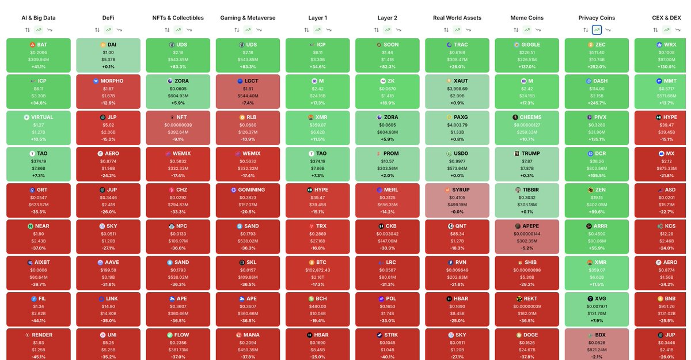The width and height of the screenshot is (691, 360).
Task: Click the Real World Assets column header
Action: pyautogui.click(x=457, y=18)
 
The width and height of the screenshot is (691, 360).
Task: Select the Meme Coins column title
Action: pyautogui.click(x=527, y=18)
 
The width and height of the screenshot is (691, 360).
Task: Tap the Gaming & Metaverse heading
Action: pyautogui.click(x=248, y=18)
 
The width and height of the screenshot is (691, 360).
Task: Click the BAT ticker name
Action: pyautogui.click(x=42, y=44)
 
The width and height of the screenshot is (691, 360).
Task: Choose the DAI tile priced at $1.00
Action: pyautogui.click(x=108, y=55)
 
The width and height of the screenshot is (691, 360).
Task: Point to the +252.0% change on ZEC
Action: pyautogui.click(x=597, y=67)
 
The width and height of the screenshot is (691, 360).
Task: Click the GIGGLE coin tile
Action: pyautogui.click(x=527, y=55)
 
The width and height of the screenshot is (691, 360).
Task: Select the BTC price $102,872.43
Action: pyautogui.click(x=317, y=270)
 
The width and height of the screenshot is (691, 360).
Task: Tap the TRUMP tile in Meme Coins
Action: pyautogui.click(x=527, y=164)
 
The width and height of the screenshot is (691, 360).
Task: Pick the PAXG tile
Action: pyautogui.click(x=457, y=128)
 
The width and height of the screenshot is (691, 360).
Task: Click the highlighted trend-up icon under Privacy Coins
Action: pyautogui.click(x=597, y=29)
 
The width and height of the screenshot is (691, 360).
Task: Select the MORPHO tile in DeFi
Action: pyautogui.click(x=108, y=92)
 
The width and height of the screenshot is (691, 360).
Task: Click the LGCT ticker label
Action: pyautogui.click(x=252, y=81)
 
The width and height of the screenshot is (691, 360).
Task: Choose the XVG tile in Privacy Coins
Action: pyautogui.click(x=597, y=309)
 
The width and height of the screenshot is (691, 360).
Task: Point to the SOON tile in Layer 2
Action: pyautogui.click(x=387, y=55)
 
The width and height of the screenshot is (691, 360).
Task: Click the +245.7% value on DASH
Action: pyautogui.click(x=597, y=103)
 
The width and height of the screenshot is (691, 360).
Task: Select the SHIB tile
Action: pyautogui.click(x=527, y=273)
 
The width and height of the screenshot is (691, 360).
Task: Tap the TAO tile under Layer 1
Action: pyautogui.click(x=317, y=164)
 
